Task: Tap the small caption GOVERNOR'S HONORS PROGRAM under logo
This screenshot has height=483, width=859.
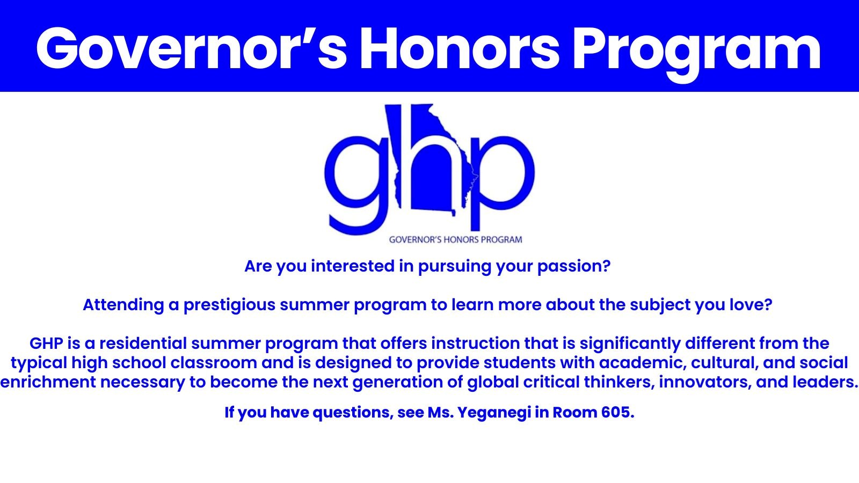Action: [455, 240]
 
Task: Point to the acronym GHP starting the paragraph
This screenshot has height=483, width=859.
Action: [46, 343]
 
